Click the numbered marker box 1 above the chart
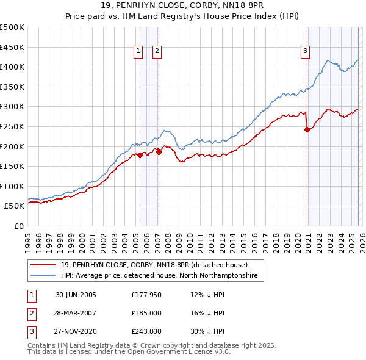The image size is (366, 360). click(139, 51)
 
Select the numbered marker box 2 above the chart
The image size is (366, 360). click(157, 51)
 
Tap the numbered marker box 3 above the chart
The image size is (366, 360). click(304, 51)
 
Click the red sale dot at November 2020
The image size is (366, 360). click(307, 129)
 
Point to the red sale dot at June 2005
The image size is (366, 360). click(140, 155)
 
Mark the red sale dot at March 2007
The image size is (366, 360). click(159, 153)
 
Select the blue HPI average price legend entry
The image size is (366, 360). click(159, 276)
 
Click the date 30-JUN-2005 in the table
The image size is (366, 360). click(76, 295)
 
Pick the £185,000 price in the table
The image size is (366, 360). click(146, 313)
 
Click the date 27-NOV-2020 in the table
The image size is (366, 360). click(76, 331)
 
